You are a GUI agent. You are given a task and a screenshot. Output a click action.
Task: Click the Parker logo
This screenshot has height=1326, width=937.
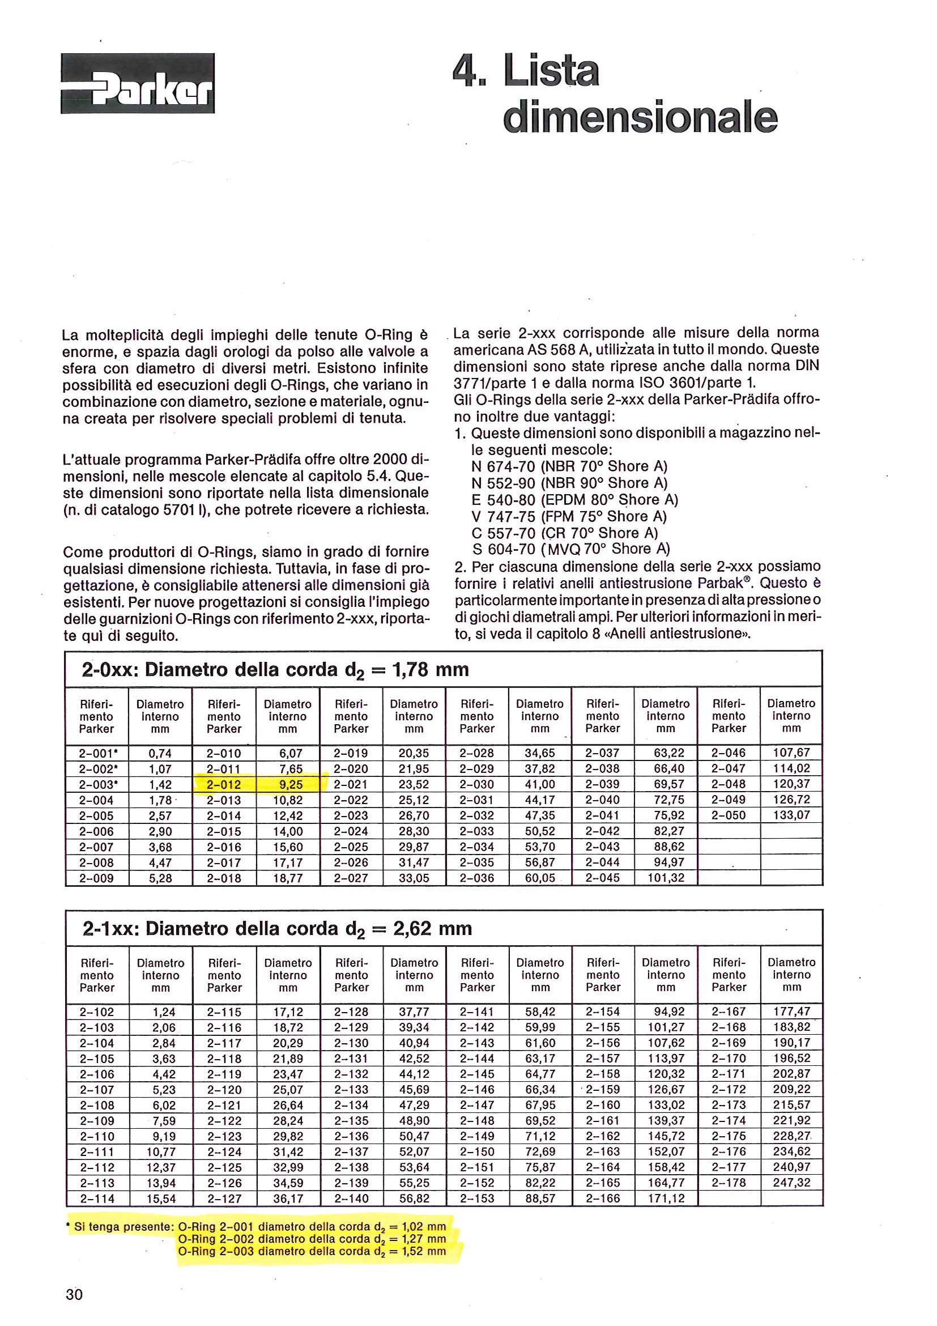[138, 83]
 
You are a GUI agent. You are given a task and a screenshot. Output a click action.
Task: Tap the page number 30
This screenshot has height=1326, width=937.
[74, 1294]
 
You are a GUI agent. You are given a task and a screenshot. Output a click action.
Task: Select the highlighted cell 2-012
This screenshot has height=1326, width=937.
[224, 784]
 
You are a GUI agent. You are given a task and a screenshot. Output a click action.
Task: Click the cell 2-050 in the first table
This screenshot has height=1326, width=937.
[728, 815]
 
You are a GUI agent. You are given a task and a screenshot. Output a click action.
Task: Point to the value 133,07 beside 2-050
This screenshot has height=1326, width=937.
[791, 815]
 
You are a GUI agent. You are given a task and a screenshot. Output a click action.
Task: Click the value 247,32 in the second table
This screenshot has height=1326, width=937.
[791, 1182]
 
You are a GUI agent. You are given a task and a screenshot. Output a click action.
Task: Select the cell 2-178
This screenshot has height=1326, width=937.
[729, 1182]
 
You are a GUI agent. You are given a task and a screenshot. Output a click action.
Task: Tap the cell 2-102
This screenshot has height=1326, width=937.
[97, 1012]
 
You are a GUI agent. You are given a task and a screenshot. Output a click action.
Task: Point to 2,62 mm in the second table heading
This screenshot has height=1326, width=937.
[432, 929]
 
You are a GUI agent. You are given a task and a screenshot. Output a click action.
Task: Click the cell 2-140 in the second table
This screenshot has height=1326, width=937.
[351, 1198]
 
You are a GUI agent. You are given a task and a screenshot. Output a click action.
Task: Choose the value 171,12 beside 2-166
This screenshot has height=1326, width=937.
[666, 1198]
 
